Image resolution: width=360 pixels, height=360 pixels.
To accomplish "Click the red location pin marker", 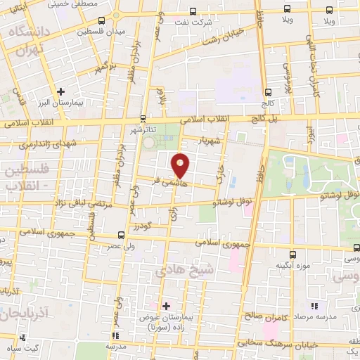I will click(x=181, y=164).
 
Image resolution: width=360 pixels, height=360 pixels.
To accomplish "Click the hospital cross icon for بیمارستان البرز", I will click(x=61, y=91).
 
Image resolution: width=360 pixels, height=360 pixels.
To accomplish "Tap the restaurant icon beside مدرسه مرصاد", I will click(x=314, y=306).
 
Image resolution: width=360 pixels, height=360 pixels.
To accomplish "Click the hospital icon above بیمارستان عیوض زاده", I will click(x=166, y=306).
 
